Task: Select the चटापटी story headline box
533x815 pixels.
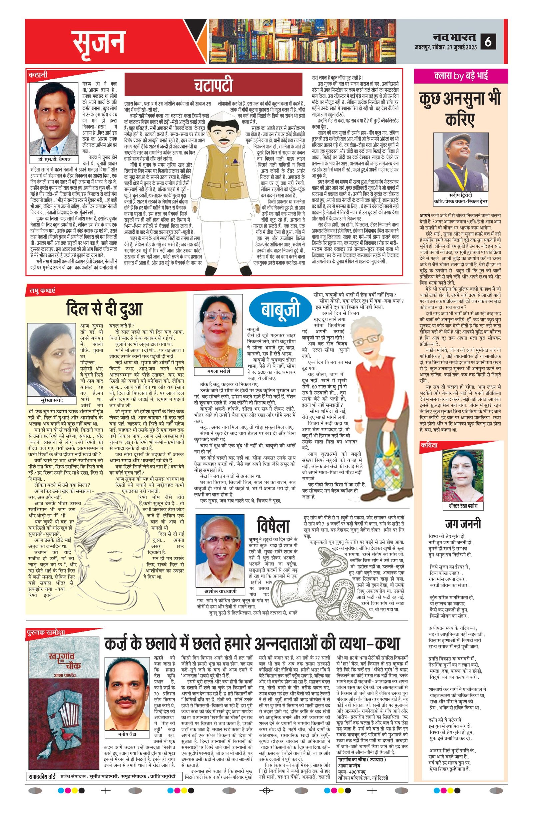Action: coord(214,84)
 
